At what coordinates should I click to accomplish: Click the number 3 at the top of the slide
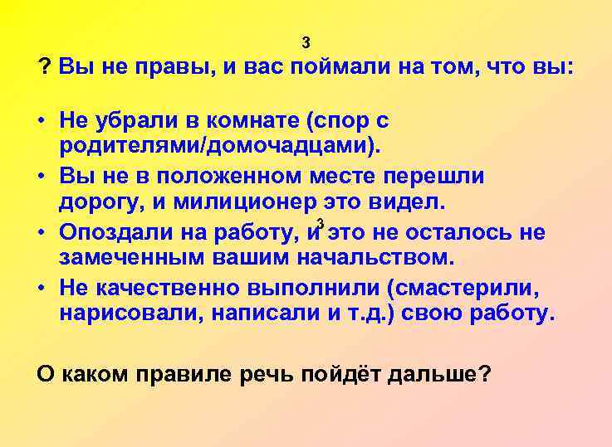(x=306, y=43)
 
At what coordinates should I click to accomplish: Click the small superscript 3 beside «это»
(x=320, y=220)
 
